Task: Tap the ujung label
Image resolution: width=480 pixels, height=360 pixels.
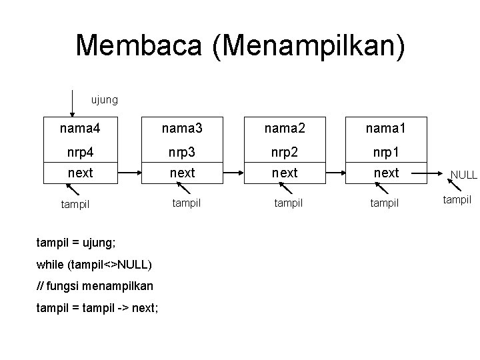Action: (104, 100)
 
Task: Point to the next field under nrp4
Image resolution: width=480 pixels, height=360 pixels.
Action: (80, 173)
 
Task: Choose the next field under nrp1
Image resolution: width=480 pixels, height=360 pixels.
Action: (386, 173)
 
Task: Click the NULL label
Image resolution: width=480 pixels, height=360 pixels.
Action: (463, 175)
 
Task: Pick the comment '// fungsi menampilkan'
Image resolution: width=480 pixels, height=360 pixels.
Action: (95, 286)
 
